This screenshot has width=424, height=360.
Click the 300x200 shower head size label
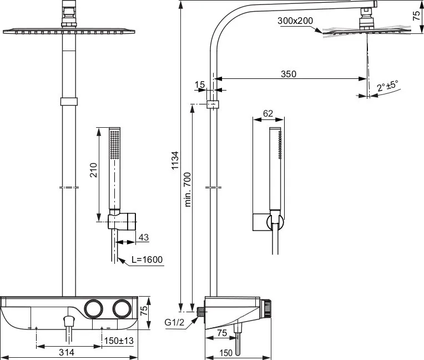pos(295,21)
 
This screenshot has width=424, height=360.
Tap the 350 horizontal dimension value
pos(289,74)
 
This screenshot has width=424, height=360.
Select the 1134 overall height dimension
pos(175,160)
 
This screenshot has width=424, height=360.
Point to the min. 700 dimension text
pos(188,189)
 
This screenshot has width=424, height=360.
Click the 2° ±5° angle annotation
pos(388,86)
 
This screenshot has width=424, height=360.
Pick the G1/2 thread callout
pos(174,322)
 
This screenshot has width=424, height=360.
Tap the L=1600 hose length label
pos(147,259)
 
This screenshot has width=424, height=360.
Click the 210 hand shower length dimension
pos(94,169)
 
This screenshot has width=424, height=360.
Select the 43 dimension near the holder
pos(144,237)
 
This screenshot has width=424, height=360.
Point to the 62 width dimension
pos(268,113)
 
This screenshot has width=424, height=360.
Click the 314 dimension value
pos(67,352)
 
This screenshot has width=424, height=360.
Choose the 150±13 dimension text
pos(119,341)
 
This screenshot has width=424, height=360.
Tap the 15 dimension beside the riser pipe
pos(200,84)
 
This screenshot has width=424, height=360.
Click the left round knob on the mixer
pos(94,308)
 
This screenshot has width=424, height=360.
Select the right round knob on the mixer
pos(122,308)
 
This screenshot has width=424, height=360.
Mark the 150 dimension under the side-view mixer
pos(226,353)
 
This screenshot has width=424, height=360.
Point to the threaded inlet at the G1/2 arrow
pos(201,312)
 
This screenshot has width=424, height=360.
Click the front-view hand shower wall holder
pos(122,221)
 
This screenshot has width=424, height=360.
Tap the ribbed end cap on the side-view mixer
pos(267,308)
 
